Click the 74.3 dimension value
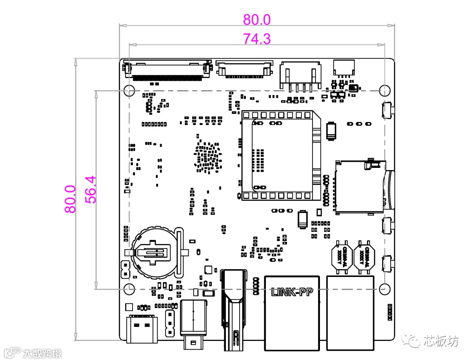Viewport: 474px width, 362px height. tap(257, 39)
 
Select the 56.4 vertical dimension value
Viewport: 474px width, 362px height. tap(90, 189)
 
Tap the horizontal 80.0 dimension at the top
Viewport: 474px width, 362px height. tap(257, 19)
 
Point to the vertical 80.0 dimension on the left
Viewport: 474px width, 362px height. tap(70, 199)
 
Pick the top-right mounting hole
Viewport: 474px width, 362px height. tap(384, 91)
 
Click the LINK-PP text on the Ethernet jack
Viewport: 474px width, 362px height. tap(292, 291)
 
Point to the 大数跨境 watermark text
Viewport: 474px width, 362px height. tap(42, 353)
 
